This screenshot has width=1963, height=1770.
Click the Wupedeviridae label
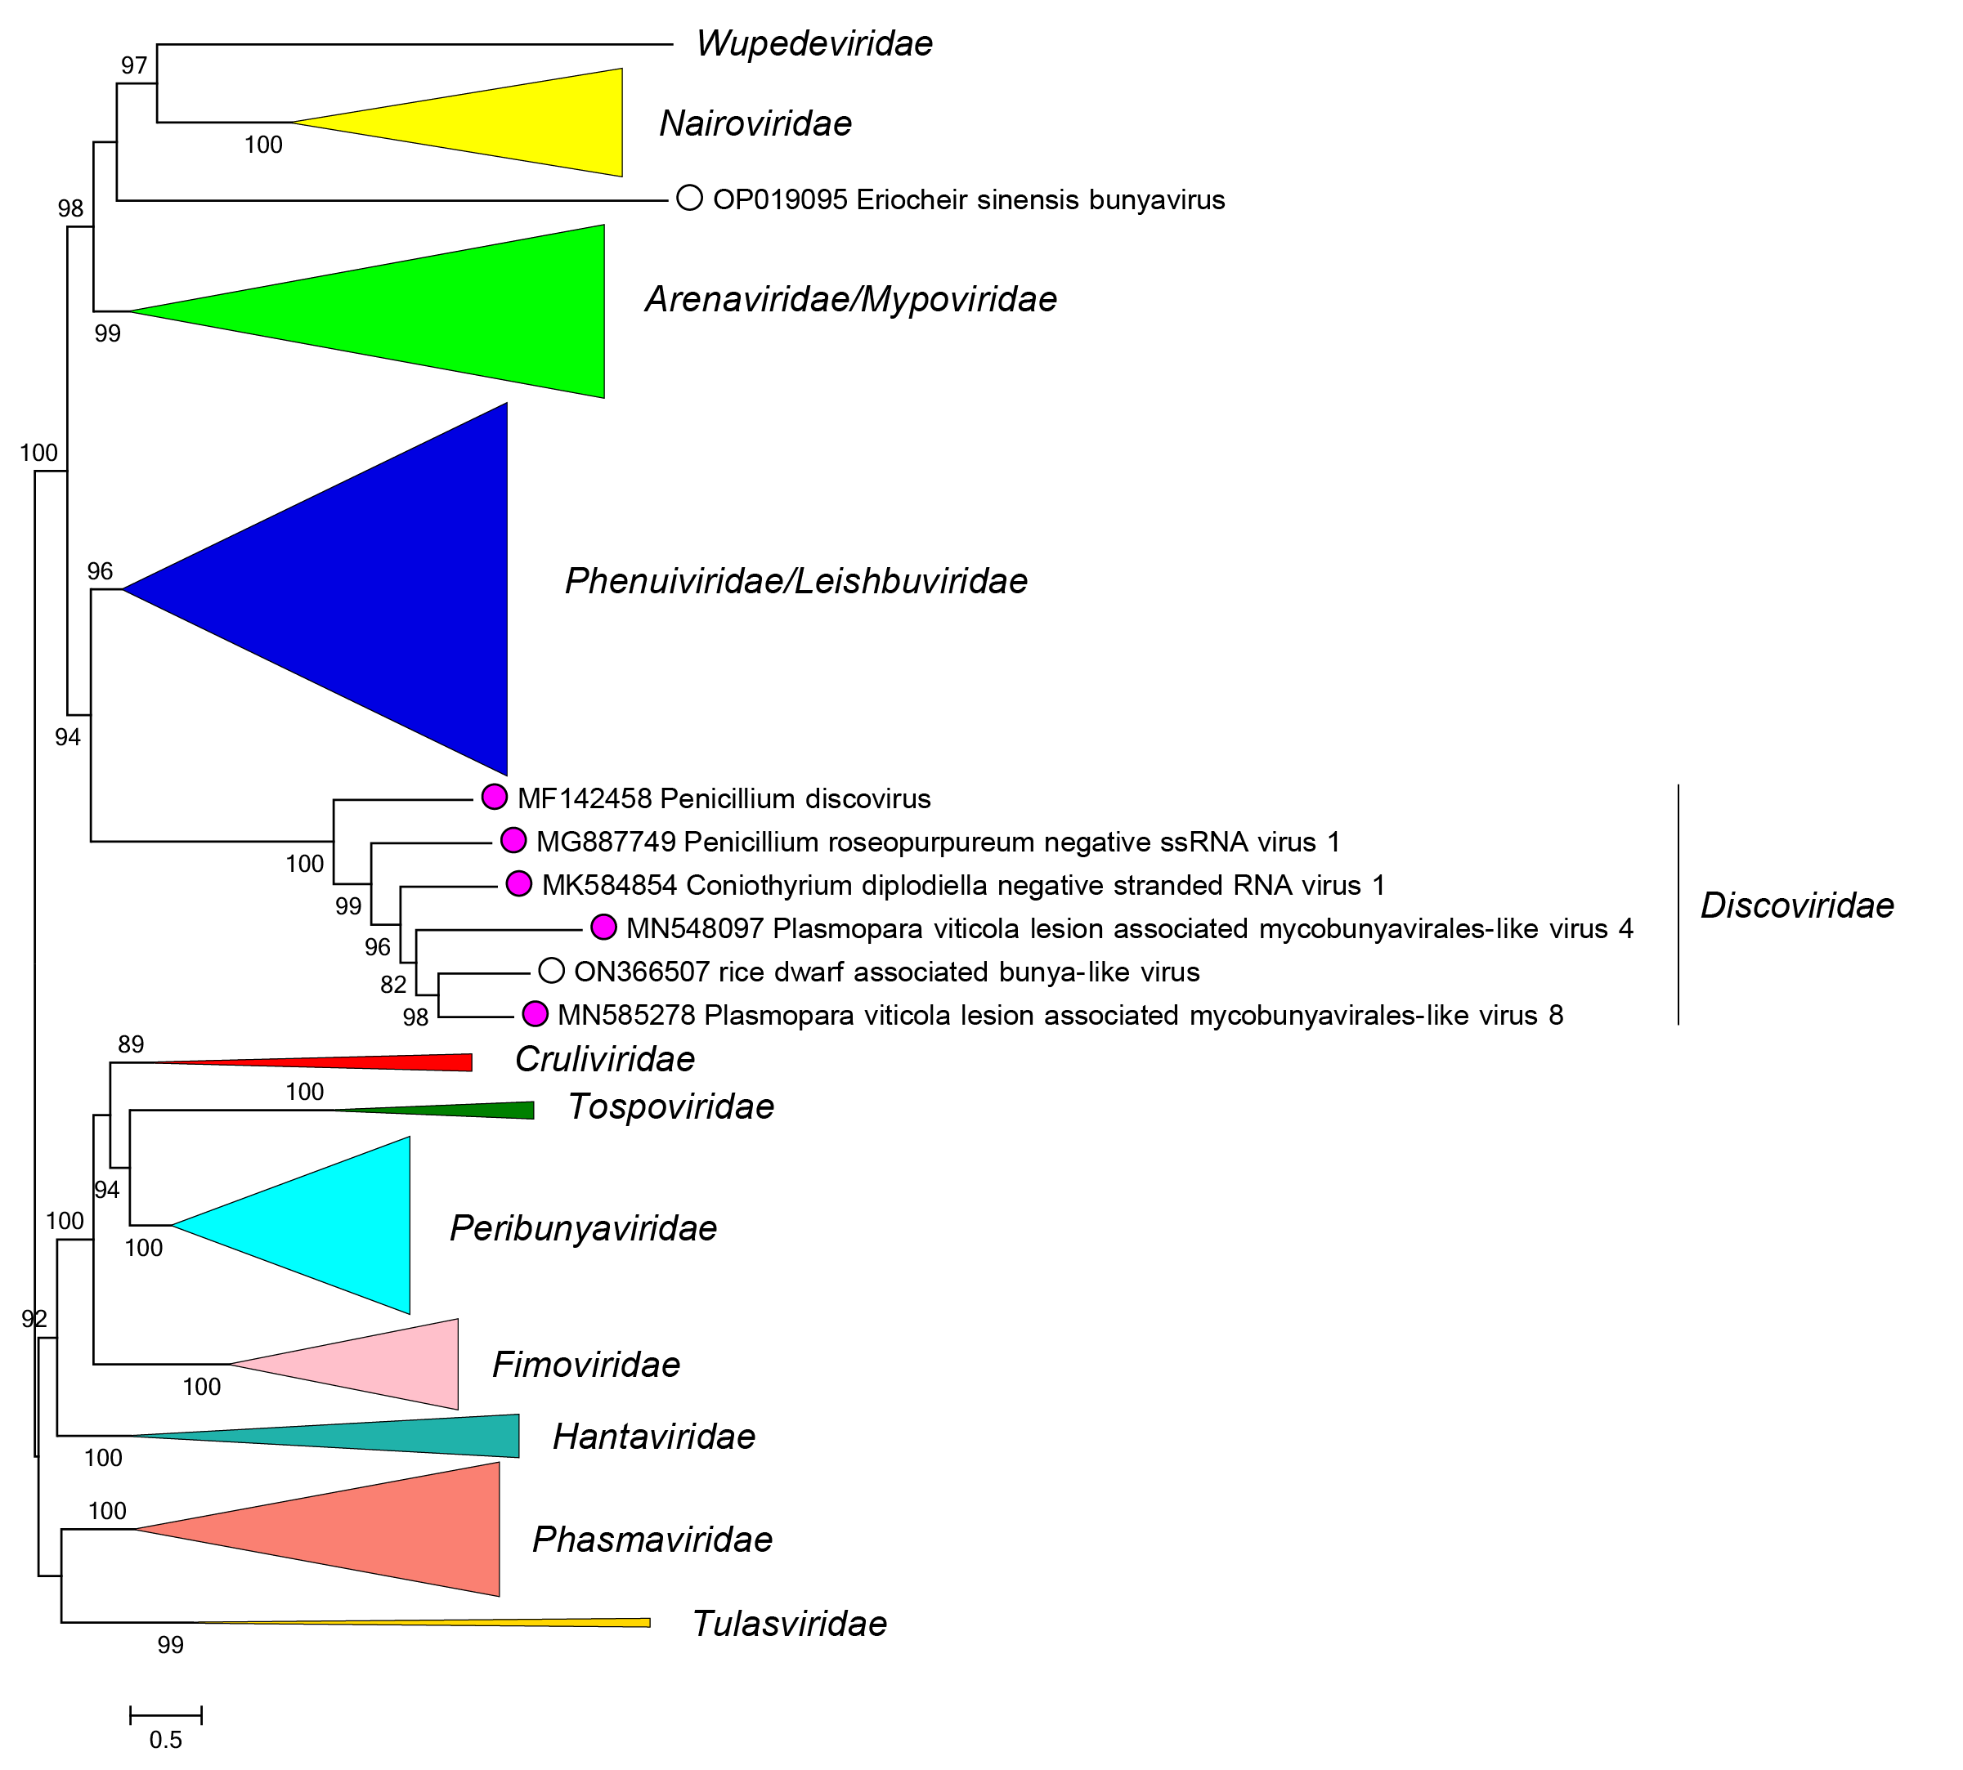pyautogui.click(x=814, y=44)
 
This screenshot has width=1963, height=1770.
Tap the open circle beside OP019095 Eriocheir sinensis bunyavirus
pyautogui.click(x=688, y=199)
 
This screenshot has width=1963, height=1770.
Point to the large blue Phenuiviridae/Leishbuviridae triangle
pyautogui.click(x=389, y=589)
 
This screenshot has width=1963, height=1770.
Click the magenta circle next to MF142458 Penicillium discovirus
pyautogui.click(x=494, y=797)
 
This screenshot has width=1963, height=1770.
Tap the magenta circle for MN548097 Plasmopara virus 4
pyautogui.click(x=603, y=927)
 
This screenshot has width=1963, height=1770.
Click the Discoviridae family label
pyautogui.click(x=1795, y=905)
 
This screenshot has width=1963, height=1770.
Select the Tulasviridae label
pyautogui.click(x=789, y=1623)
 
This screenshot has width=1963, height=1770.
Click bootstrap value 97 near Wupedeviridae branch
pyautogui.click(x=134, y=66)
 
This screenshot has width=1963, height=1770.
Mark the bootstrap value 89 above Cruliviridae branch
pyautogui.click(x=130, y=1044)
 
